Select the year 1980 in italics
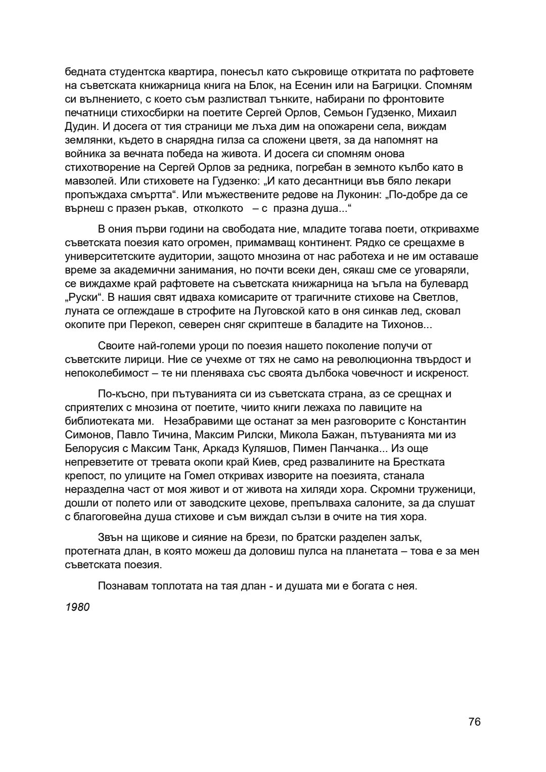point(77,607)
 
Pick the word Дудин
point(79,126)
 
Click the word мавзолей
point(87,181)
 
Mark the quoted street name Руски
point(82,297)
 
